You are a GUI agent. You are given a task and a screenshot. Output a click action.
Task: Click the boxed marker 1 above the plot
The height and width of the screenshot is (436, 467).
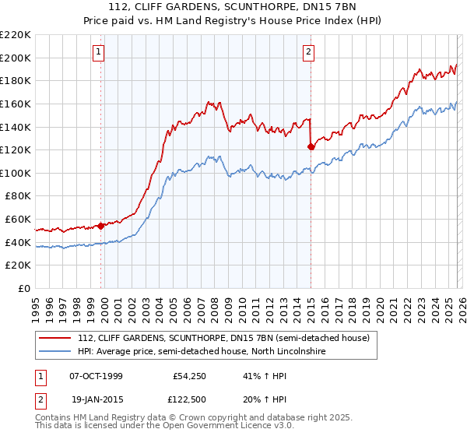[x=99, y=52]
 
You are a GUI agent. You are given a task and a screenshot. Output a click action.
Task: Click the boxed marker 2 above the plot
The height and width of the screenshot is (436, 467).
[x=309, y=52]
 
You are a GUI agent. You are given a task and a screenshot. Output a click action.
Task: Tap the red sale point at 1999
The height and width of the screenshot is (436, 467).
[x=101, y=226]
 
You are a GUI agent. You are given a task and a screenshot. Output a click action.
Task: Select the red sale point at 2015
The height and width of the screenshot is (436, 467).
[x=311, y=146]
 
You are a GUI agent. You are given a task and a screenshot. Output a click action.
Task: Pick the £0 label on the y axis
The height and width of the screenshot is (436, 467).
[x=25, y=289]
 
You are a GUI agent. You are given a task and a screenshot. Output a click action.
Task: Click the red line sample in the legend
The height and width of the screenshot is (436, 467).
[x=55, y=338]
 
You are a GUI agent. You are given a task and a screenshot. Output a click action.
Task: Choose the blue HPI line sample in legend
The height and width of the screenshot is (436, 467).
[x=55, y=352]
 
